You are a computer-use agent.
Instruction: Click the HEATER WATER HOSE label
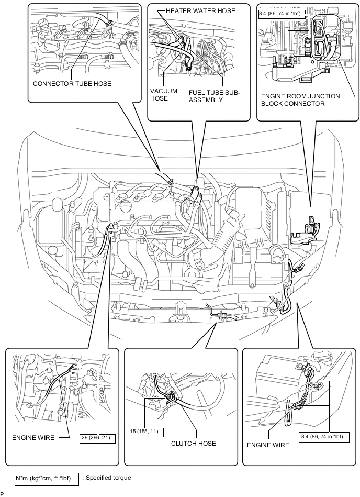coord(200,11)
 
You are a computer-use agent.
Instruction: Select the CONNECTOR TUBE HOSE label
coord(72,84)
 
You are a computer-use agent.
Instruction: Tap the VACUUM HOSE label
coord(164,95)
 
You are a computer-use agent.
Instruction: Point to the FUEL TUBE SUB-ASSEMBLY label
coord(215,96)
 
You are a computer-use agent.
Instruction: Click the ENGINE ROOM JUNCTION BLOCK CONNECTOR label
coord(300,100)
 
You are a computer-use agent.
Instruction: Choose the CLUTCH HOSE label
coord(194,444)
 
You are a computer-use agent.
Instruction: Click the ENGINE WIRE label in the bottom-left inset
coord(33,438)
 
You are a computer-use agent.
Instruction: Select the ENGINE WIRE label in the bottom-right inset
coord(268,445)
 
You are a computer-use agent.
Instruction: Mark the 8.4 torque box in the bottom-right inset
coord(325,437)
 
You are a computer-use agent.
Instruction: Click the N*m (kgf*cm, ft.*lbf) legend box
coord(47,478)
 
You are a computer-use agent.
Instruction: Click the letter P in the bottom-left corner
coord(2,494)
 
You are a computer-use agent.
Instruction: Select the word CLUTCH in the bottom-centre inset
coord(183,444)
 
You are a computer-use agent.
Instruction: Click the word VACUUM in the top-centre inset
coord(164,91)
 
